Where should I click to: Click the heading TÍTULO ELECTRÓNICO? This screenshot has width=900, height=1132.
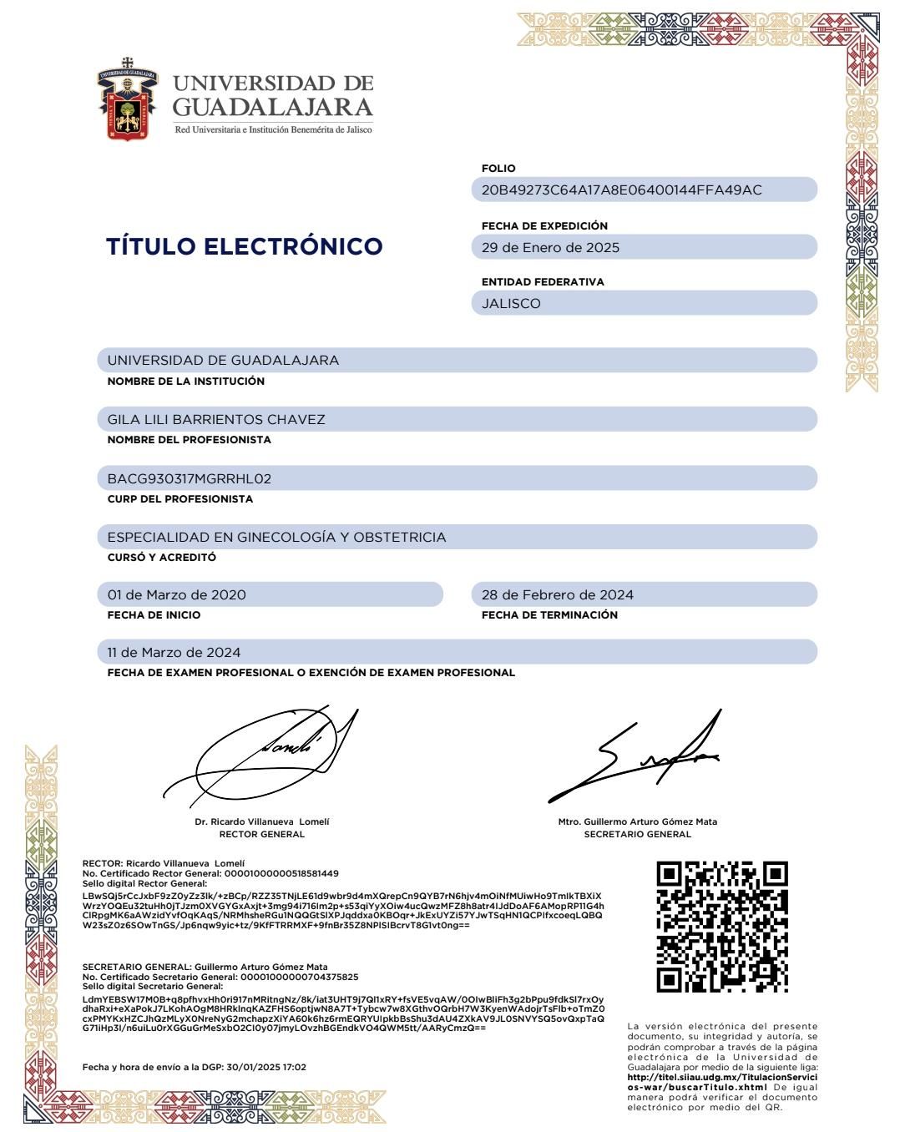[245, 246]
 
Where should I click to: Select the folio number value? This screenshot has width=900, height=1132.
[621, 190]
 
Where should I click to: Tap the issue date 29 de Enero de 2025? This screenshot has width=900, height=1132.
[550, 247]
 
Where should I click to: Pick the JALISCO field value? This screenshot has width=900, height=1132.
[511, 303]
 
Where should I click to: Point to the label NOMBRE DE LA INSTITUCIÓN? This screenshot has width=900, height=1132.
[185, 381]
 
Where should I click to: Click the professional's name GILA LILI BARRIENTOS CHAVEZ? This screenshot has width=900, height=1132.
[216, 419]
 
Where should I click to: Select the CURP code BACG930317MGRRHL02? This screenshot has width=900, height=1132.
[190, 478]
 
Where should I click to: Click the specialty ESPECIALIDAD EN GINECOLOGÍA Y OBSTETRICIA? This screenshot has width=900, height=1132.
[276, 537]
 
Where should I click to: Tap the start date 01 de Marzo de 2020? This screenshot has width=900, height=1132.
[177, 594]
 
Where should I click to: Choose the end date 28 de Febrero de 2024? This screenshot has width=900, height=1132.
[557, 594]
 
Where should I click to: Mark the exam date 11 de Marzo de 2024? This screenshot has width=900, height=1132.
[174, 652]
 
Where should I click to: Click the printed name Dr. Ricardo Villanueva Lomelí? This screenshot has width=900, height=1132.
[261, 821]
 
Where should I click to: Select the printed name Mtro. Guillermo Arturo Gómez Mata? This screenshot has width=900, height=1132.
[637, 821]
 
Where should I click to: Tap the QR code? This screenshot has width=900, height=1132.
[722, 927]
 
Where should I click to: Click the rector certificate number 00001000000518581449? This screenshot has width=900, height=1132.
[281, 873]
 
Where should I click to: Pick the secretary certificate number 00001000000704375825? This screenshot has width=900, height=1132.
[299, 977]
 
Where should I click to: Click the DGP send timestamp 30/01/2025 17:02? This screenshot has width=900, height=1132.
[266, 1067]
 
